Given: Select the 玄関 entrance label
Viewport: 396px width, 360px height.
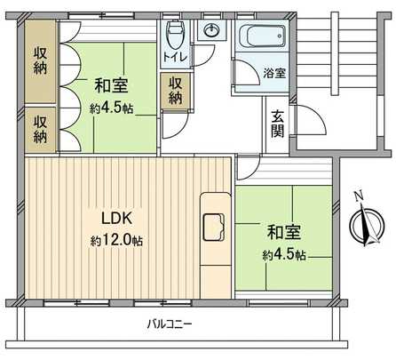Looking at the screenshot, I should [x=278, y=123].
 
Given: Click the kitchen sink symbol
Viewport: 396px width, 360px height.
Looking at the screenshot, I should [x=215, y=228].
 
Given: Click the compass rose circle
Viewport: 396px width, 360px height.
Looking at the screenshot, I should [x=364, y=223].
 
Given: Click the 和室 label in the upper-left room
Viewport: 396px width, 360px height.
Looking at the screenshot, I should [x=112, y=86].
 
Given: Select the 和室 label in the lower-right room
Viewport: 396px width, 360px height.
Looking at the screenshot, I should [x=285, y=234].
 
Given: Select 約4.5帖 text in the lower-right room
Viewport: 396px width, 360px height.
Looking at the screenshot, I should [x=285, y=255].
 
